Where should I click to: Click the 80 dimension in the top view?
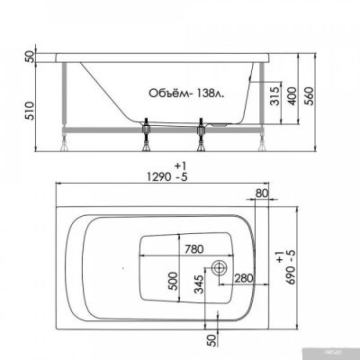(x=262, y=192)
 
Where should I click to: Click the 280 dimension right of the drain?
(x=243, y=277)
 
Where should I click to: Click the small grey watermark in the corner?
(x=346, y=355)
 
